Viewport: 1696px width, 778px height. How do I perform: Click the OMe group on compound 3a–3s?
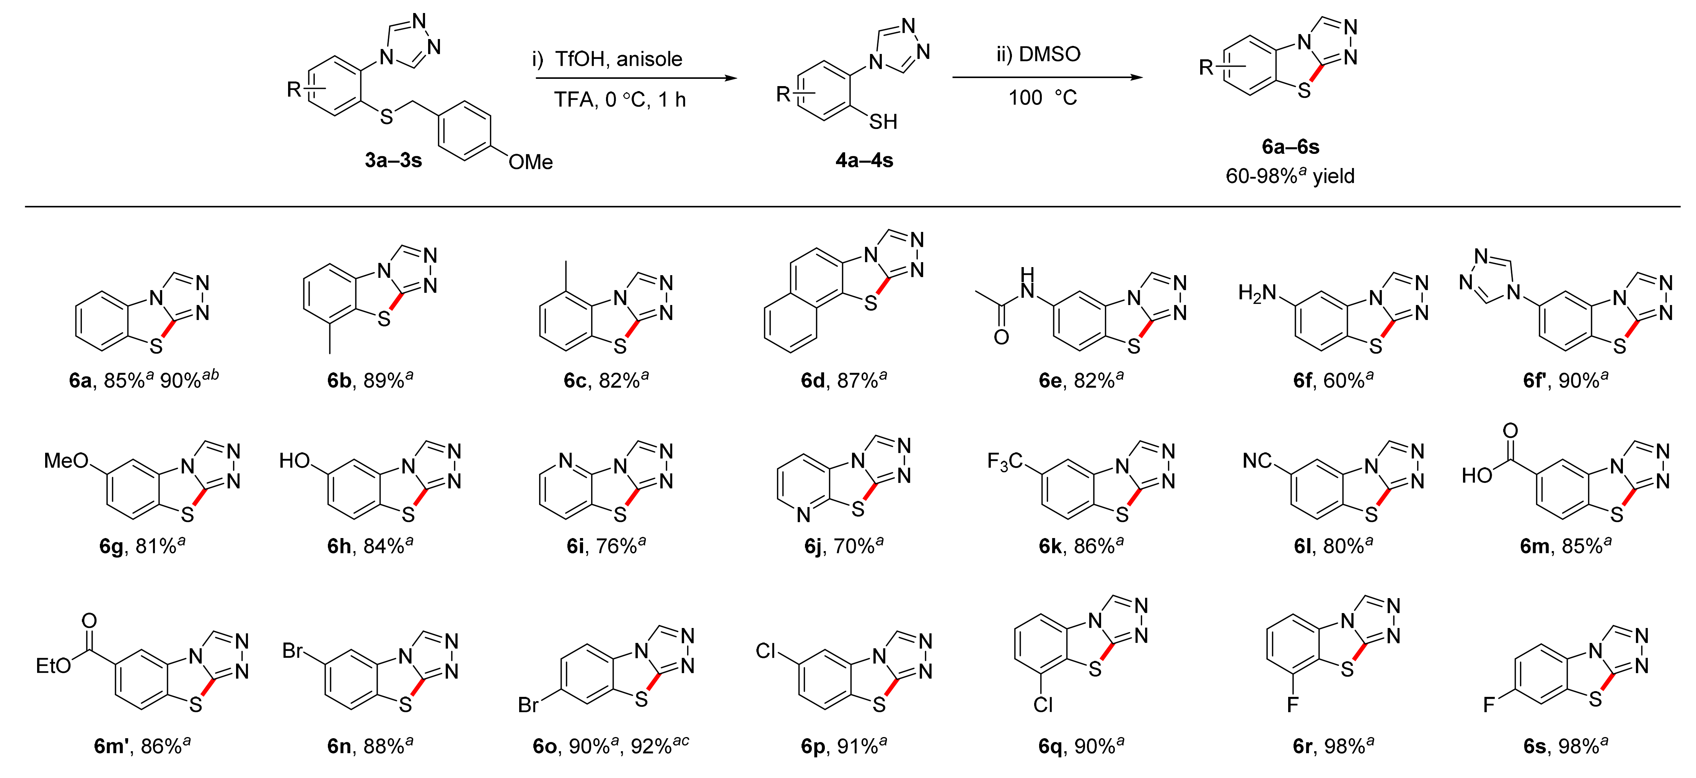[530, 162]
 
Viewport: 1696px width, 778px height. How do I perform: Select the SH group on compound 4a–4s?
[883, 122]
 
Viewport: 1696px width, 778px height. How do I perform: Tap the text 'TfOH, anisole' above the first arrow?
[618, 59]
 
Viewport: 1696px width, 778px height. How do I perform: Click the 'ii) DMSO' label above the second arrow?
[1038, 54]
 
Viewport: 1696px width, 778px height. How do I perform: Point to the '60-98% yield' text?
[1290, 176]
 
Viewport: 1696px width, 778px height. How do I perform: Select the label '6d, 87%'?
[843, 380]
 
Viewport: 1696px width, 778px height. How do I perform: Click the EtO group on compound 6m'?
[53, 666]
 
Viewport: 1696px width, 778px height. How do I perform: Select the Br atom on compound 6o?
[529, 705]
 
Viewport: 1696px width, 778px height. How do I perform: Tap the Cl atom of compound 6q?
[1043, 705]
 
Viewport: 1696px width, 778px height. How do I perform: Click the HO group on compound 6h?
[294, 460]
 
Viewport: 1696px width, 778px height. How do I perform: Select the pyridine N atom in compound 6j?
[803, 515]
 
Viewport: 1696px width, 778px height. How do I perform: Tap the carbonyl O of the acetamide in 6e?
[1001, 337]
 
